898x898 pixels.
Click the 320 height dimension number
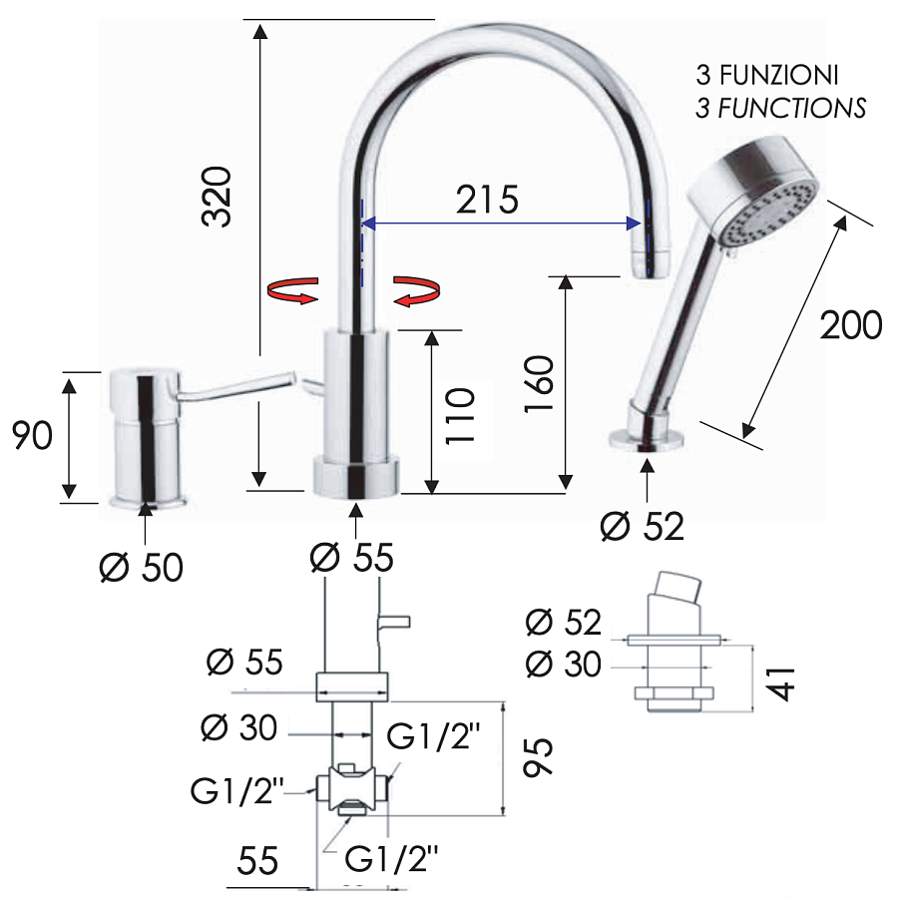pos(217,197)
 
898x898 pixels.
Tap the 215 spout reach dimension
pos(487,200)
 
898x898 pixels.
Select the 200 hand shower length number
pos(851,324)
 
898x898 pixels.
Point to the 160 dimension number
pos(539,383)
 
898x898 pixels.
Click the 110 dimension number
pos(460,416)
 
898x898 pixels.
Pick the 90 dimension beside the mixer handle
pos(32,435)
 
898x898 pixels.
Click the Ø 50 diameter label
pos(142,567)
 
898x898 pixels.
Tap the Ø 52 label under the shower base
pos(642,526)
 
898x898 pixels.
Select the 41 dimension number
pos(780,683)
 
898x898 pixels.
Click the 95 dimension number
pos(539,756)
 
